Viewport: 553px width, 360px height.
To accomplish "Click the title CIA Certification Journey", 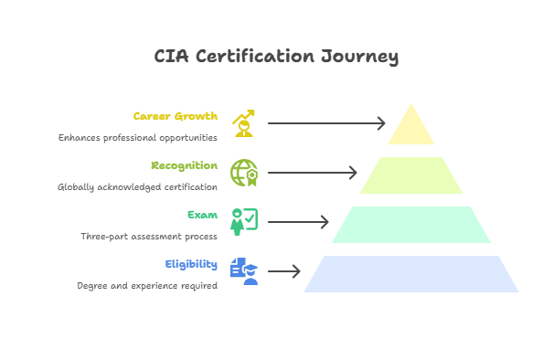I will [276, 57].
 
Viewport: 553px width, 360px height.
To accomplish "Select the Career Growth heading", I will [175, 116].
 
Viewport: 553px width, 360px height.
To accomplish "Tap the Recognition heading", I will [185, 165].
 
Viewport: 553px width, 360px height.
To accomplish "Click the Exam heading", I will [202, 215].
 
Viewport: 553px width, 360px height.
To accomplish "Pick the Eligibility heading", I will [191, 264].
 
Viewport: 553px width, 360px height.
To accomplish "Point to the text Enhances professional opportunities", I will [137, 137].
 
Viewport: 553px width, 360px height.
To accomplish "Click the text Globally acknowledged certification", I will [137, 186].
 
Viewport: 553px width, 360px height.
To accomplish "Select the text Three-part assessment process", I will [149, 236].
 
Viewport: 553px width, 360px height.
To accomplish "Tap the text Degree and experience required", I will [147, 285].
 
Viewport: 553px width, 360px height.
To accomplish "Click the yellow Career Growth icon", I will [244, 123].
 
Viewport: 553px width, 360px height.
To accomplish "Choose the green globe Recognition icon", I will [244, 173].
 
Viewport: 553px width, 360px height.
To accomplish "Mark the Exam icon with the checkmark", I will [244, 222].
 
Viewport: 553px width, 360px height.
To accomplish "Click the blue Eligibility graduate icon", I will [244, 271].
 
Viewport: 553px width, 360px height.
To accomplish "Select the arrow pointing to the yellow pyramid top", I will [327, 123].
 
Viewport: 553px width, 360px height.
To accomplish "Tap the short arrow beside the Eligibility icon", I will [283, 271].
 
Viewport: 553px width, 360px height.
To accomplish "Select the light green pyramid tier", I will [411, 175].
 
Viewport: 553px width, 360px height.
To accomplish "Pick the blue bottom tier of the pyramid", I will [411, 273].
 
